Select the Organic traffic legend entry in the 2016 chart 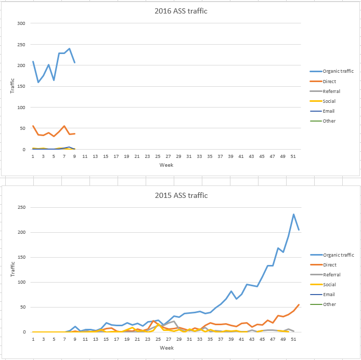click(338, 71)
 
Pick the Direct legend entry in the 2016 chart click(329, 82)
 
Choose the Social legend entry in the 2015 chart click(329, 285)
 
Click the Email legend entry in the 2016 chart click(328, 111)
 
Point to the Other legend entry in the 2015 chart click(329, 304)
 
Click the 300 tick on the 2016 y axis click(21, 23)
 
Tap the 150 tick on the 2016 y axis click(21, 87)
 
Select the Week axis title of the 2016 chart click(166, 165)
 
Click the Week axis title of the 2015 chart click(166, 348)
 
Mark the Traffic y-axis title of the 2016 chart click(13, 86)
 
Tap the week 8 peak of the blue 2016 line click(69, 49)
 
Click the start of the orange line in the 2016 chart click(33, 126)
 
